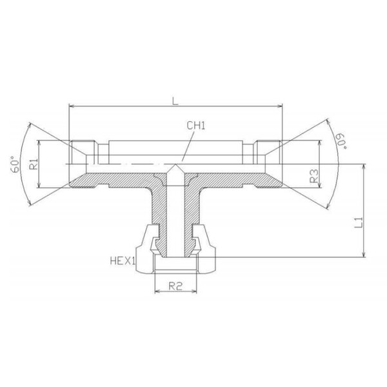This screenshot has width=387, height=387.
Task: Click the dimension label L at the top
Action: click(x=175, y=101)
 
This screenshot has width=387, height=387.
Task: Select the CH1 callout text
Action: click(x=195, y=126)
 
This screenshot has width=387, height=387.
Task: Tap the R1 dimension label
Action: click(x=34, y=164)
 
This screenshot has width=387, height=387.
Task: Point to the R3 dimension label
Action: click(x=314, y=176)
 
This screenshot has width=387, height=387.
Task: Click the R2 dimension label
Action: click(x=175, y=286)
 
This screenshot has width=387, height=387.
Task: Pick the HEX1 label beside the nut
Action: click(x=123, y=261)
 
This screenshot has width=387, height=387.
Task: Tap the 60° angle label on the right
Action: click(x=341, y=141)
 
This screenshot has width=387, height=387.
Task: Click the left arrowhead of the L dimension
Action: click(x=72, y=106)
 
